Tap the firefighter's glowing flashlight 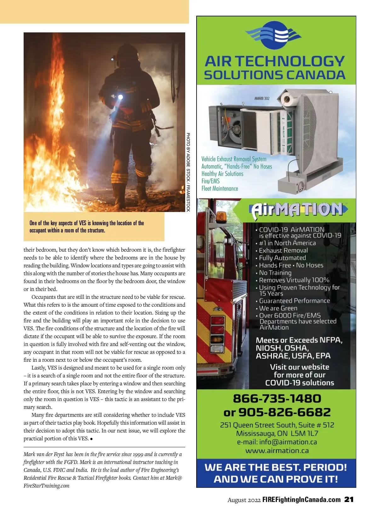coord(120,97)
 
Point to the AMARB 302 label coord(262,98)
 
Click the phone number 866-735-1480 coord(277,399)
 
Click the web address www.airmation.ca coord(277,450)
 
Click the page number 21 coord(349,499)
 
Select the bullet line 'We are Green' coord(278,308)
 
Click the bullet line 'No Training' coord(275,273)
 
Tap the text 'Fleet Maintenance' coord(220,189)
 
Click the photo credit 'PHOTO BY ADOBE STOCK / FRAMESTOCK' coord(188,172)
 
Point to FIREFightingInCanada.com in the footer coord(301,500)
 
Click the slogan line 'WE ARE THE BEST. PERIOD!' coord(276,467)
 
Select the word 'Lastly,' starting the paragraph coord(38,368)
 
